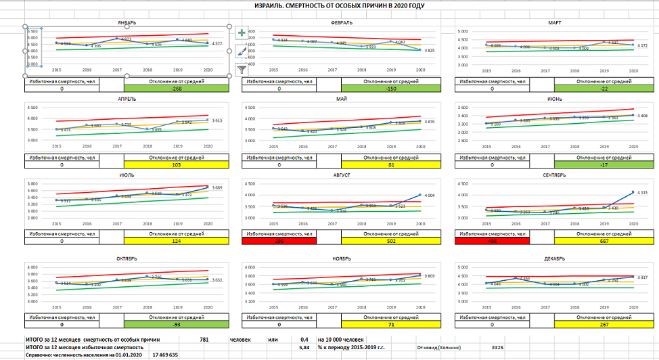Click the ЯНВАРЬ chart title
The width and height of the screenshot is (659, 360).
(127, 22)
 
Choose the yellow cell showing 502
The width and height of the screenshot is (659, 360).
(390, 240)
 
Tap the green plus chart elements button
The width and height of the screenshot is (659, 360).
(242, 32)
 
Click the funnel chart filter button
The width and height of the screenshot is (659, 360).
(242, 68)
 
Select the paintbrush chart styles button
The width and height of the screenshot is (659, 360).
(242, 51)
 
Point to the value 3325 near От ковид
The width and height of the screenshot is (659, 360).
(497, 347)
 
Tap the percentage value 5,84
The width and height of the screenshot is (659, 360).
(304, 346)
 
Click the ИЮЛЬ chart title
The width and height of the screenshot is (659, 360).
(127, 175)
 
